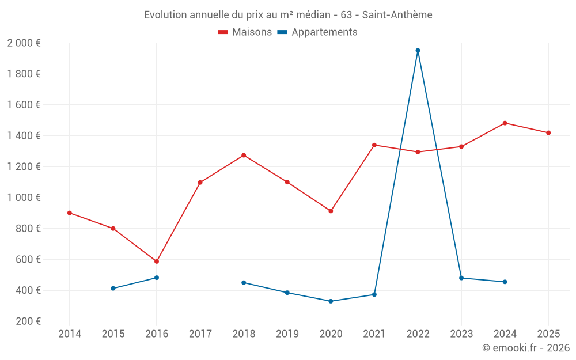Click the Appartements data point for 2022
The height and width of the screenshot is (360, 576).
pyautogui.click(x=418, y=51)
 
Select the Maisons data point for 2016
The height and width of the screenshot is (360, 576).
pyautogui.click(x=157, y=262)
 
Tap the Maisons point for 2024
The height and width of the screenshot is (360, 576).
pyautogui.click(x=505, y=123)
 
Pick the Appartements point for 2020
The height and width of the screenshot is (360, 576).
pyautogui.click(x=331, y=301)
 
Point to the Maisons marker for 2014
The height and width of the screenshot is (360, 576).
pyautogui.click(x=70, y=213)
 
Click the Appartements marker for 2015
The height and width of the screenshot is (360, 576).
pyautogui.click(x=113, y=289)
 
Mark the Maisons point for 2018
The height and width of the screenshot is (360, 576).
pyautogui.click(x=244, y=156)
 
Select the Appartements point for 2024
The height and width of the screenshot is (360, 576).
pyautogui.click(x=505, y=282)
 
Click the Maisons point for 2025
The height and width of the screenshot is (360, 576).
pyautogui.click(x=548, y=133)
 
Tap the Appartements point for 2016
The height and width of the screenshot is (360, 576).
pyautogui.click(x=157, y=278)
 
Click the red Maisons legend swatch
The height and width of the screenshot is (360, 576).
pyautogui.click(x=223, y=32)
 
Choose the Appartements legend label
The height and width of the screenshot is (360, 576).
pyautogui.click(x=324, y=32)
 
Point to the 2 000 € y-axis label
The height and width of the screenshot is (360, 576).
pyautogui.click(x=24, y=43)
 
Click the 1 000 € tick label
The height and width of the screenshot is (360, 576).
pyautogui.click(x=24, y=198)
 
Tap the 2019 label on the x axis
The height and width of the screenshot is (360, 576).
pyautogui.click(x=287, y=334)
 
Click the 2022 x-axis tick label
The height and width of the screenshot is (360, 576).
pyautogui.click(x=418, y=334)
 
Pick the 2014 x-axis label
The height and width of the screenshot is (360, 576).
pyautogui.click(x=70, y=334)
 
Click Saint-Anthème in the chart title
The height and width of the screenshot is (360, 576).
pyautogui.click(x=397, y=15)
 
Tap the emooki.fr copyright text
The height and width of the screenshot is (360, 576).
pyautogui.click(x=526, y=348)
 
